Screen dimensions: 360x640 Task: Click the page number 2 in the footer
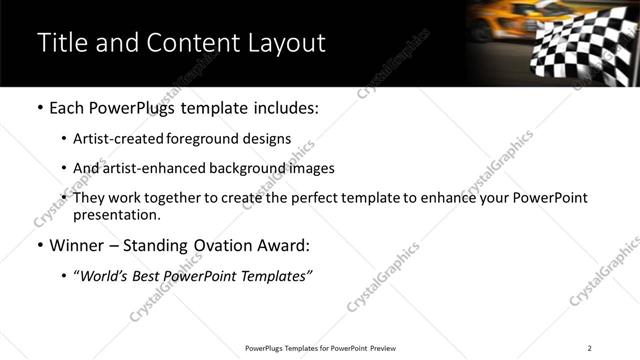(x=590, y=348)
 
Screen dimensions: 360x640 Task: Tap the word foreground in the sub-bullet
(x=218, y=139)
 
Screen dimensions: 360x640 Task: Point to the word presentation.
(x=116, y=215)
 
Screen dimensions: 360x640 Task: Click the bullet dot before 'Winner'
(x=39, y=245)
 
